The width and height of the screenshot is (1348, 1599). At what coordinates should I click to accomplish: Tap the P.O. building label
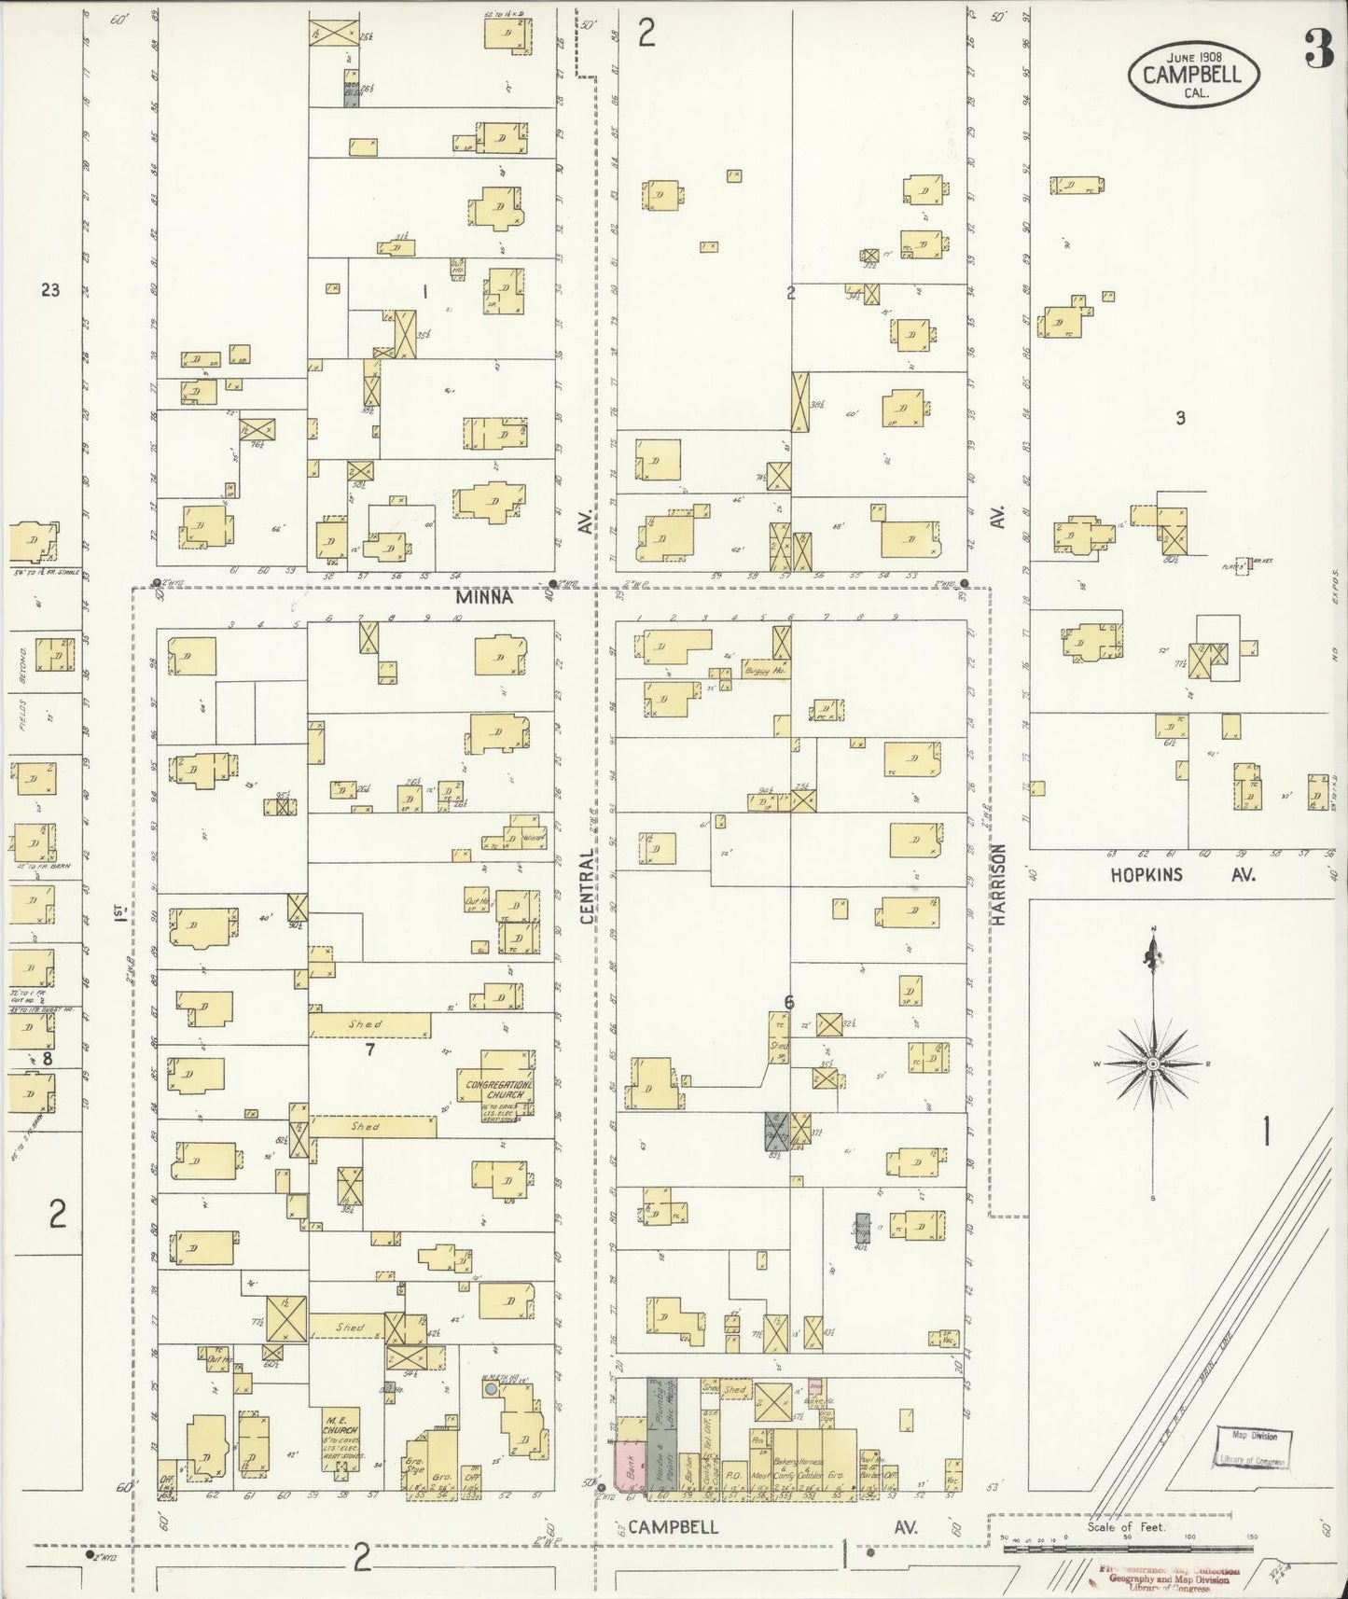[x=734, y=1475]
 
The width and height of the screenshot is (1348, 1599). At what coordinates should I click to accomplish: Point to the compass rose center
[x=1153, y=1064]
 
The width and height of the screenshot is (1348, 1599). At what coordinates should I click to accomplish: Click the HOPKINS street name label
[x=1146, y=875]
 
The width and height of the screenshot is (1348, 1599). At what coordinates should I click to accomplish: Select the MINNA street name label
[x=484, y=598]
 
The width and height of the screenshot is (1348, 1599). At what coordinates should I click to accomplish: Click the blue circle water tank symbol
[x=491, y=1389]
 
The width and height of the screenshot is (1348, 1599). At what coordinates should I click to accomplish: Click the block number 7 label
[x=370, y=1050]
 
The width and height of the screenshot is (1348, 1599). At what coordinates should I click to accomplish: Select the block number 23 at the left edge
[x=50, y=290]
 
